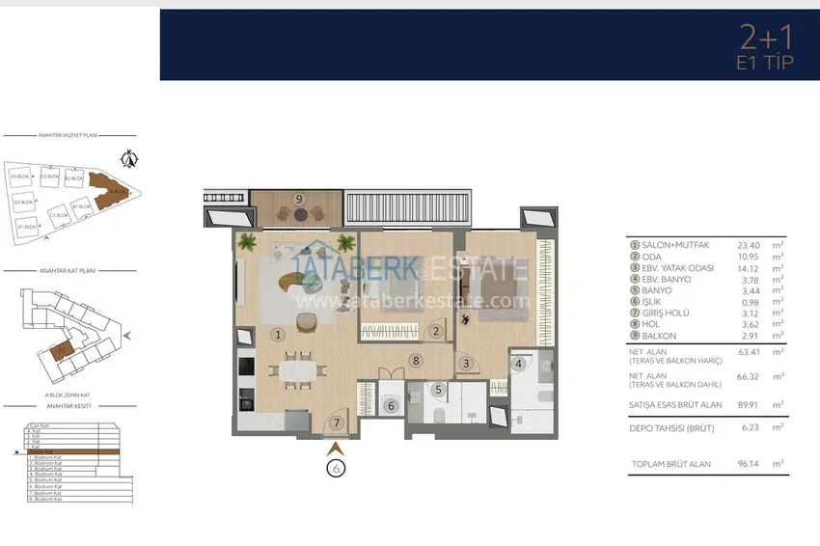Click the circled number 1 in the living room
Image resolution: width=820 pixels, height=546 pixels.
pos(277,336)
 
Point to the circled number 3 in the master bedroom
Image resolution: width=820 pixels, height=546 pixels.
pos(465,364)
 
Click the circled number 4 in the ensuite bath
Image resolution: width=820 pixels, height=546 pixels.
pos(519,364)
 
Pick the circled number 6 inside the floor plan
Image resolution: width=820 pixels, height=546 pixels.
pos(391,406)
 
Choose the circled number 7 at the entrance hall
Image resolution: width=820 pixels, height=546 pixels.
pos(335,423)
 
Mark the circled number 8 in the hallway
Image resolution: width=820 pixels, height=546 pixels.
pos(415,361)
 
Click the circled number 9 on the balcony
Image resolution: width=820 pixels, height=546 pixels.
pos(299,199)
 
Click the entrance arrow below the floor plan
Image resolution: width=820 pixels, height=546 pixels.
pos(335,448)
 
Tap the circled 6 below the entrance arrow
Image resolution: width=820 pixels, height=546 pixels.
pos(335,469)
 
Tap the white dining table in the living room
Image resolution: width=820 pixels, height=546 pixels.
pos(297,368)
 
